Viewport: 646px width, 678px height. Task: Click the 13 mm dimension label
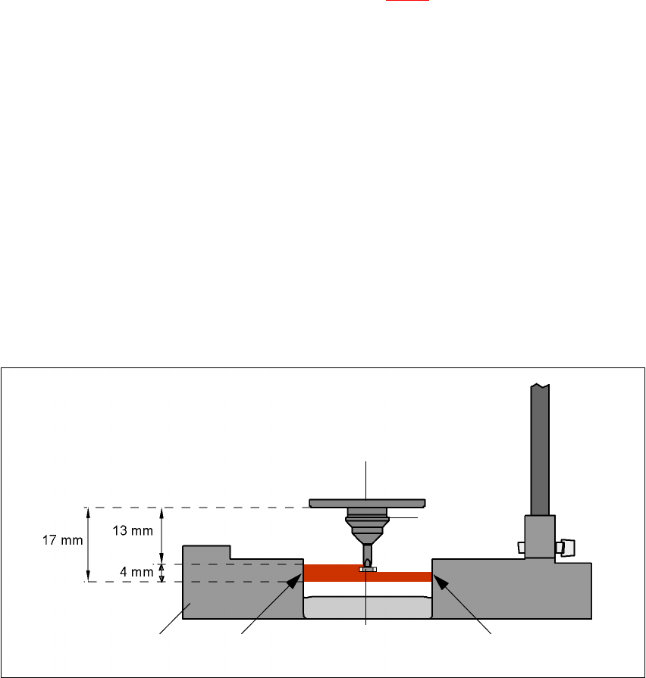point(131,530)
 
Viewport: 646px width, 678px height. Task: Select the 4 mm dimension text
point(134,572)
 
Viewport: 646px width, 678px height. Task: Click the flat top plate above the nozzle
point(367,502)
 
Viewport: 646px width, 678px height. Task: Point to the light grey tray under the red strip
point(367,607)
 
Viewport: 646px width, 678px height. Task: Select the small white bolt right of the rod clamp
point(566,546)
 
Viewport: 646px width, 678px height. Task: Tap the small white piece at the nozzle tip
point(368,569)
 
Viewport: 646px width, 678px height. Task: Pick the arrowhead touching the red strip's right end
point(437,579)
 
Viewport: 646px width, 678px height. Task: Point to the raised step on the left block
point(206,552)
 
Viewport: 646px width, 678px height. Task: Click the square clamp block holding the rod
point(540,536)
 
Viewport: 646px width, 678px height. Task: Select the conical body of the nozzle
point(367,527)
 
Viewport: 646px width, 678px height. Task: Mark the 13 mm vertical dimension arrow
point(162,535)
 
